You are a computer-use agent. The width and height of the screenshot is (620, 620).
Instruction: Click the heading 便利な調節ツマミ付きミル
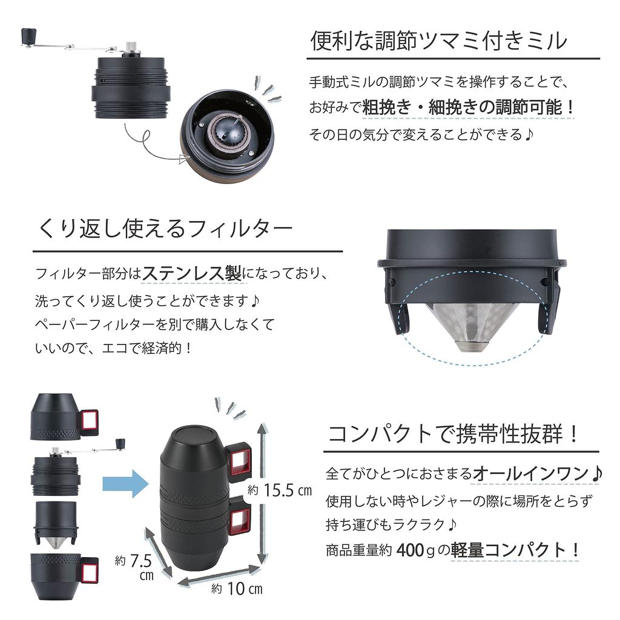pos(439,41)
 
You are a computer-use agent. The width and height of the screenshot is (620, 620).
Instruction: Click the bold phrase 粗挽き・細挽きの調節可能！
pos(468,108)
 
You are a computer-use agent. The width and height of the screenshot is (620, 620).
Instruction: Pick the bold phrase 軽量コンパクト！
pos(515,550)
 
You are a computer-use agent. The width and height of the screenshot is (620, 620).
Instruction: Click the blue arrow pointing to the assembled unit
pos(124,484)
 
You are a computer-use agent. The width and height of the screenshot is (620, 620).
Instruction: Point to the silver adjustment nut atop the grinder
pos(130,47)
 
